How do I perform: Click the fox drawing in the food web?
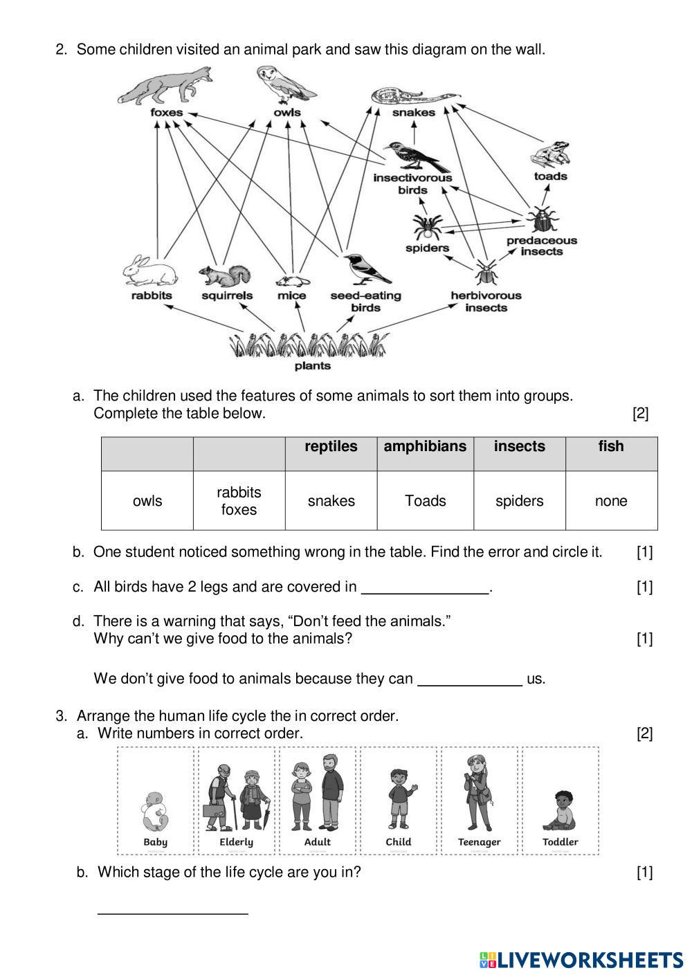(166, 86)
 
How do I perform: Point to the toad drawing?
(552, 155)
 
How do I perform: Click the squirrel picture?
(225, 275)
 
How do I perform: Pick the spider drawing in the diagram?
(427, 226)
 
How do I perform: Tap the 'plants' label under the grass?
(313, 366)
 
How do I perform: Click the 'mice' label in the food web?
(291, 295)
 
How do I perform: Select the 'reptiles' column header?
(331, 447)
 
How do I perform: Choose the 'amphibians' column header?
(425, 447)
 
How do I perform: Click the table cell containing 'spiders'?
(519, 501)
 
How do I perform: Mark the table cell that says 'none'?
(611, 501)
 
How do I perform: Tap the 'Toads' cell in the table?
(425, 501)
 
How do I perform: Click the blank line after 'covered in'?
(426, 589)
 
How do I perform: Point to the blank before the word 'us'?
(470, 680)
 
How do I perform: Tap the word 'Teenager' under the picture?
(479, 842)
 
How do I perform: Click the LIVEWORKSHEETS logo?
(581, 960)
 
